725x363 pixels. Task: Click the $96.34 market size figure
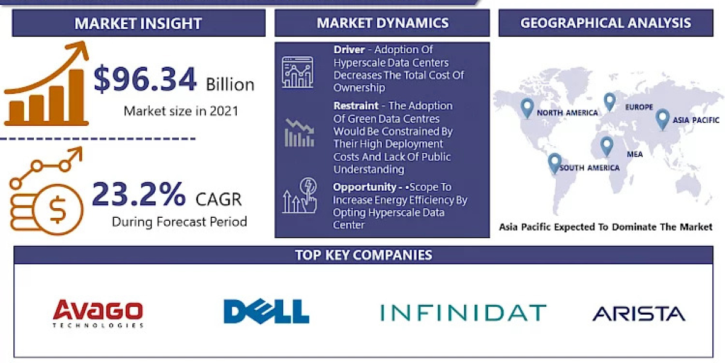[x=145, y=80]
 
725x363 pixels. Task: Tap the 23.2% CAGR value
[x=139, y=195]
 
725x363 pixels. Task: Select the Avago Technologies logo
[x=98, y=313]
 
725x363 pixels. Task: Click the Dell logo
[x=266, y=312]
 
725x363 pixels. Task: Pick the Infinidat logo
[x=463, y=313]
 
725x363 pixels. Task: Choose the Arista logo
[x=639, y=313]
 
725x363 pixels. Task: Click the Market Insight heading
[x=138, y=24]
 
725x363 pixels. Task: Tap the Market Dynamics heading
[x=382, y=23]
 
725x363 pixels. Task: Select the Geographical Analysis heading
[x=605, y=23]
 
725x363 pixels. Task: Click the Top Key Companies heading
[x=363, y=255]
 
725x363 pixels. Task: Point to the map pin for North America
[x=527, y=108]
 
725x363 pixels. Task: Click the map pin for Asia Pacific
[x=662, y=118]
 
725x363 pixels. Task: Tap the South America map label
[x=589, y=168]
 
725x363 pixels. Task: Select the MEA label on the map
[x=634, y=154]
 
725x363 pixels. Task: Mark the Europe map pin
[x=609, y=101]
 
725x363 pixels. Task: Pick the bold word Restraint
[x=356, y=105]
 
